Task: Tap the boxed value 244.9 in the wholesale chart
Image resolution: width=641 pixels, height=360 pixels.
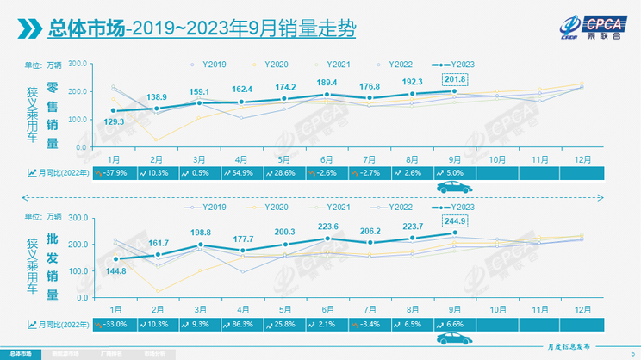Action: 457,220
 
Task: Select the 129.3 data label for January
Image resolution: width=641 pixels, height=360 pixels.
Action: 115,122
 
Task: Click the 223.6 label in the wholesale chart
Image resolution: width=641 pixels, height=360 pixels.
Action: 326,227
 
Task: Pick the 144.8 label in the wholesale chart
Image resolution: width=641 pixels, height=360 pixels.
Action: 115,271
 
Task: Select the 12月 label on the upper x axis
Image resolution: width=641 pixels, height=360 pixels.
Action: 582,158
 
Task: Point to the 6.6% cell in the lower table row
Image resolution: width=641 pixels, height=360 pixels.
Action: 454,324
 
